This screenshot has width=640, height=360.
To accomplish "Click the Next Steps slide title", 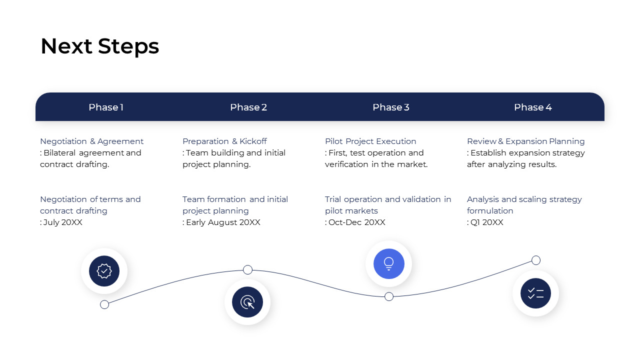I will pos(99,46).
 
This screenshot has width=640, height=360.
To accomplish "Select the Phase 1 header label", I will pos(106,107).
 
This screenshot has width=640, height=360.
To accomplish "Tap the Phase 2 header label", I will pos(248,107).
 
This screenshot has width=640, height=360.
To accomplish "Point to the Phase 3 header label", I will pos(391,107).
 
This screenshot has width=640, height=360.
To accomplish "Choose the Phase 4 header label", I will pos(533,107).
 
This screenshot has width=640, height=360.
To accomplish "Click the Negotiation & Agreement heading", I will pos(91,141).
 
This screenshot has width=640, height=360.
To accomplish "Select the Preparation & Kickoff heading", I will pos(224,141).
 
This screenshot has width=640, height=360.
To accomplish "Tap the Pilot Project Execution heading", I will pos(370,141).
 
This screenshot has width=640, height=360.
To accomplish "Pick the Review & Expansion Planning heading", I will pos(525,141).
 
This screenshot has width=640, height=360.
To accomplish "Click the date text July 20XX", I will pos(62,222).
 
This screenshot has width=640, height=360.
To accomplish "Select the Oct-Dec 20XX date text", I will pos(356,222).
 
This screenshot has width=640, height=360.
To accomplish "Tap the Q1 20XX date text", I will pos(486,222).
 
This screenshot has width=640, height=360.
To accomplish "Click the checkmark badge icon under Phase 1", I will pos(104,271).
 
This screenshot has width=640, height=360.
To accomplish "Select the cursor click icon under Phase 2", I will pos(247,302).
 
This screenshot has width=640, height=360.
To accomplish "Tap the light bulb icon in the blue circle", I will pos(388,263).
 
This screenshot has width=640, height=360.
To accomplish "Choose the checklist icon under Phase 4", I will pos(535,293).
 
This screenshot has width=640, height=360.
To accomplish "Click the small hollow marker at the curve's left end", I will pos(104,304).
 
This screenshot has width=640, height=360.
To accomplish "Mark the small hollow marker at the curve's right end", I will pos(536,260).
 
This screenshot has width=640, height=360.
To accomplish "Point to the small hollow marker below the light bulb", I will pos(389,296).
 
